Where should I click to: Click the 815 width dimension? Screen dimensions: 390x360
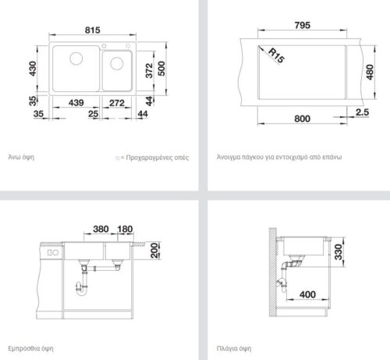93,30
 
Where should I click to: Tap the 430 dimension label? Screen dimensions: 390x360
33,69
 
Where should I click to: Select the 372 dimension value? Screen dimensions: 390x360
149,70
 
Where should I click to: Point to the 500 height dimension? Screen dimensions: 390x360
161,69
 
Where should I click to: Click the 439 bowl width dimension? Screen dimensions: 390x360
76,103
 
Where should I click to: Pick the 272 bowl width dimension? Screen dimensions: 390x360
117,103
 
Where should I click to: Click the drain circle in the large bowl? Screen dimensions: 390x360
76,58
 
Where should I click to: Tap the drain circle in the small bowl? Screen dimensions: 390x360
117,63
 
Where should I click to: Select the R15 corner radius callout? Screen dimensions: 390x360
276,55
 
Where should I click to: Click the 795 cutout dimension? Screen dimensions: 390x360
303,25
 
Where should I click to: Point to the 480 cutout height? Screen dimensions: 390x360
370,72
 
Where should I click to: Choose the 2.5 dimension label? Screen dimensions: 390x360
362,112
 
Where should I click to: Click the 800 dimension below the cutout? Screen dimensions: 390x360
302,119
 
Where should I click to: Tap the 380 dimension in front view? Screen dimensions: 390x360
101,229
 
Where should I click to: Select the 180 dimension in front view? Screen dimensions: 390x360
125,229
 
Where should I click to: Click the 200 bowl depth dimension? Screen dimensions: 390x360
154,251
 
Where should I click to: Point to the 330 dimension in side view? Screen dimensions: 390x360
339,252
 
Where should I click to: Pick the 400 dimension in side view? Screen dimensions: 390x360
307,294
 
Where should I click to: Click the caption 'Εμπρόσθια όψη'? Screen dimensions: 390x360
30,348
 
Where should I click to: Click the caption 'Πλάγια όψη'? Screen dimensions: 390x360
234,348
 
